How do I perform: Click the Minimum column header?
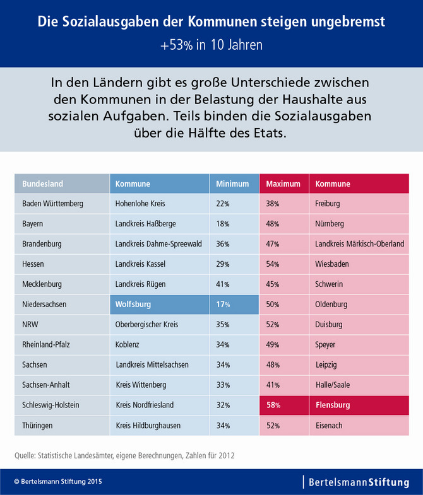point(233,183)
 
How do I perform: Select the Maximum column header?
point(283,183)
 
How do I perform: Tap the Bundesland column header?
point(43,183)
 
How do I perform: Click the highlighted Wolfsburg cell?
point(133,304)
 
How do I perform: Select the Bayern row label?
point(33,224)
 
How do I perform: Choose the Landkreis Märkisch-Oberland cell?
point(359,244)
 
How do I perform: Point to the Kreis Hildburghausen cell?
point(148,426)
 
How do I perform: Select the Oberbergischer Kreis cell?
point(147,324)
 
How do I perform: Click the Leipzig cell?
point(326,365)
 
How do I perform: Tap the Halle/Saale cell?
point(332,385)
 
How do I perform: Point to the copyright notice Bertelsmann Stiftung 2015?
point(57,481)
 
